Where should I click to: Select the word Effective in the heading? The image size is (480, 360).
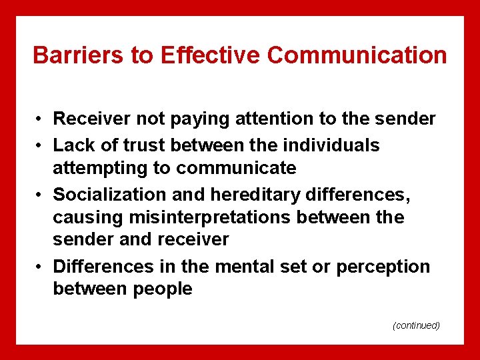click(x=211, y=55)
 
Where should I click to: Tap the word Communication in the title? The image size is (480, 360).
click(x=357, y=55)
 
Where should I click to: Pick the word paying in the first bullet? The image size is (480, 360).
click(x=197, y=119)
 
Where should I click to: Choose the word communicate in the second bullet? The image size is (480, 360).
click(x=236, y=168)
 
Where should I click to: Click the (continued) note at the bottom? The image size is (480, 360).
click(x=416, y=325)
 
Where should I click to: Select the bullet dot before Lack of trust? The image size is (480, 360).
click(x=41, y=146)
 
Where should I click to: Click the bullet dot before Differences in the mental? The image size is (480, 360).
click(x=41, y=267)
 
